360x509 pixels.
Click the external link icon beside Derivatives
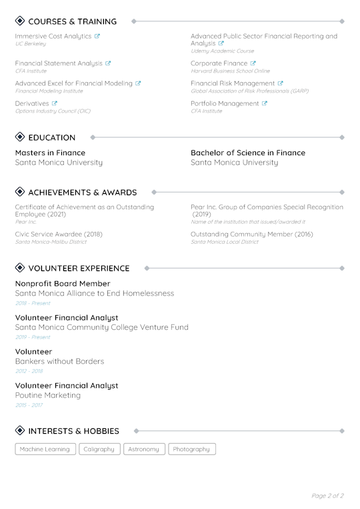tap(55, 103)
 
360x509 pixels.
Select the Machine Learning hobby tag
tap(45, 449)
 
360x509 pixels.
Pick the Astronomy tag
tap(143, 449)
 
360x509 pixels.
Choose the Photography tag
tap(191, 449)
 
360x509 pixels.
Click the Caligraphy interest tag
tap(100, 449)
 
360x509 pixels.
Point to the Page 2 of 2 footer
tap(327, 496)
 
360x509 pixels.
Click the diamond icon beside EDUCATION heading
tap(19, 137)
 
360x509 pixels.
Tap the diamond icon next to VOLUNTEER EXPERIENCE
tap(19, 268)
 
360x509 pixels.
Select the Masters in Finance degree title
tap(50, 153)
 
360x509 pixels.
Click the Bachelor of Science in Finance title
tap(247, 153)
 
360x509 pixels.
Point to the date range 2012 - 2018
tap(29, 371)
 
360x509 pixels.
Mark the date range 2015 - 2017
tap(29, 405)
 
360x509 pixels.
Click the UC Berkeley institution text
tap(30, 44)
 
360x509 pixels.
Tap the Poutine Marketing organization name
tap(47, 395)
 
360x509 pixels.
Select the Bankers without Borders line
tap(59, 361)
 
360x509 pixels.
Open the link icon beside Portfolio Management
tap(265, 103)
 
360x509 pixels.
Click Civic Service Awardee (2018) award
tap(59, 234)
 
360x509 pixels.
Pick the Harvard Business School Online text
tap(230, 71)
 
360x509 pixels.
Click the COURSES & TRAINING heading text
tap(72, 21)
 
